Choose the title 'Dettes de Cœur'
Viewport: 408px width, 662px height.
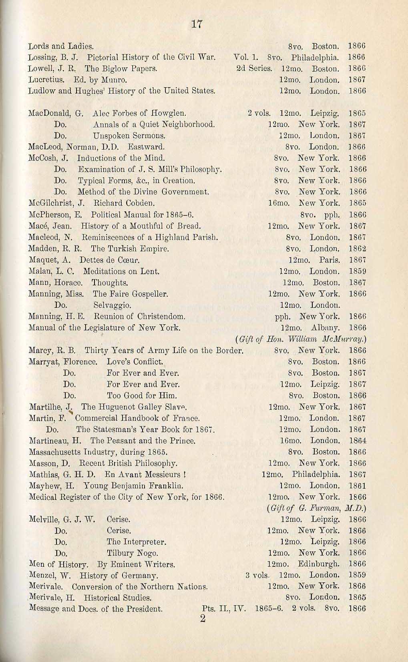(x=109, y=260)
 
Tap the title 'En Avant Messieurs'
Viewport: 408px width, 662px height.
(x=144, y=475)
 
